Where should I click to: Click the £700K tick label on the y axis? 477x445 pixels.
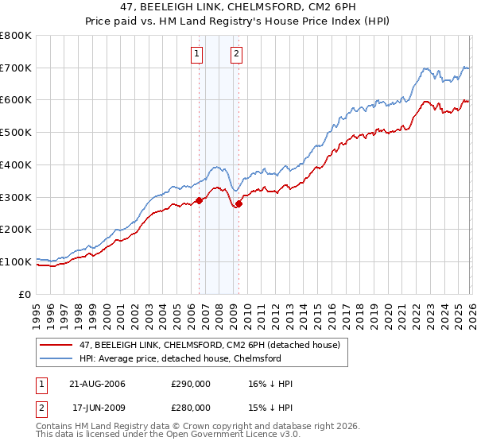pyautogui.click(x=16, y=68)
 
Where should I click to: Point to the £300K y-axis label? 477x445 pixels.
pyautogui.click(x=16, y=197)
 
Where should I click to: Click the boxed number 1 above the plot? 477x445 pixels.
pyautogui.click(x=196, y=54)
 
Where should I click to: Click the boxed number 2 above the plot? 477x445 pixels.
pyautogui.click(x=237, y=54)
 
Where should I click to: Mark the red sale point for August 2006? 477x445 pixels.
pyautogui.click(x=200, y=200)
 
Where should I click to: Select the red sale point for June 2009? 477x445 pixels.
pyautogui.click(x=238, y=203)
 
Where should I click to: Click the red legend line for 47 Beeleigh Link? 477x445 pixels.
pyautogui.click(x=56, y=344)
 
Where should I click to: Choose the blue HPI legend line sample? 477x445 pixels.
pyautogui.click(x=56, y=358)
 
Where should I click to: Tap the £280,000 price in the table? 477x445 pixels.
pyautogui.click(x=190, y=407)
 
